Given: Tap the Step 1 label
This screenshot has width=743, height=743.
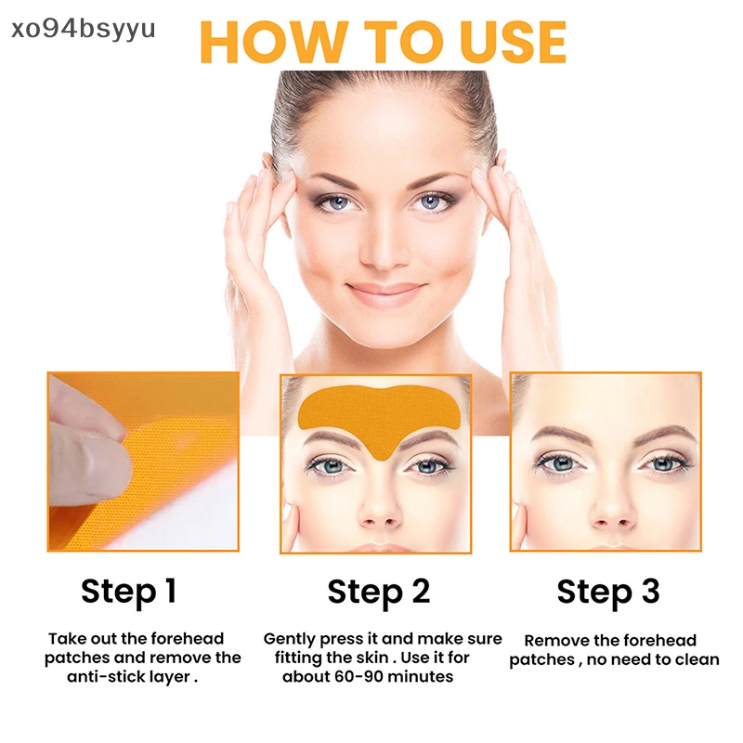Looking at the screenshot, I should coord(128,591).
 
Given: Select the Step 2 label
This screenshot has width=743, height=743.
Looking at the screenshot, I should coord(378,592).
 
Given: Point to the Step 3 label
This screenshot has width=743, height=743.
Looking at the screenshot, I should coord(608,592).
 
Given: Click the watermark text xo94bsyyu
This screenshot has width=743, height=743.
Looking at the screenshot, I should coord(78,27).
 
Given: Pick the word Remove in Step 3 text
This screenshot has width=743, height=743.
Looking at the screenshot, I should coord(556,640).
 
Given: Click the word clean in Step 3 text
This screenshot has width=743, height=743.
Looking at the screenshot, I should coord(696,659).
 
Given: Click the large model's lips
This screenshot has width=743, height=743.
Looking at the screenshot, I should coord(384,294).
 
